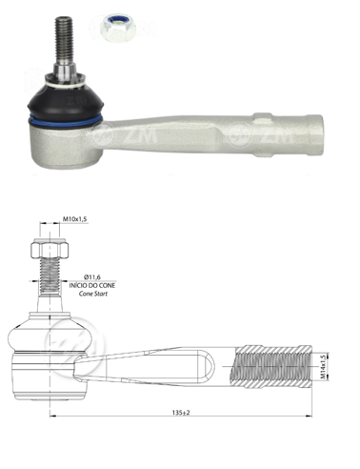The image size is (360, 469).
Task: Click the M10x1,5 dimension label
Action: pyautogui.click(x=75, y=220)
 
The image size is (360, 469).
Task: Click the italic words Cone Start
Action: pyautogui.click(x=93, y=296)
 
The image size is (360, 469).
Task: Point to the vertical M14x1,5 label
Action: pyautogui.click(x=323, y=363)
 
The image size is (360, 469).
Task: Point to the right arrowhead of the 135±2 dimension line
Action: pyautogui.click(x=310, y=420)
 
